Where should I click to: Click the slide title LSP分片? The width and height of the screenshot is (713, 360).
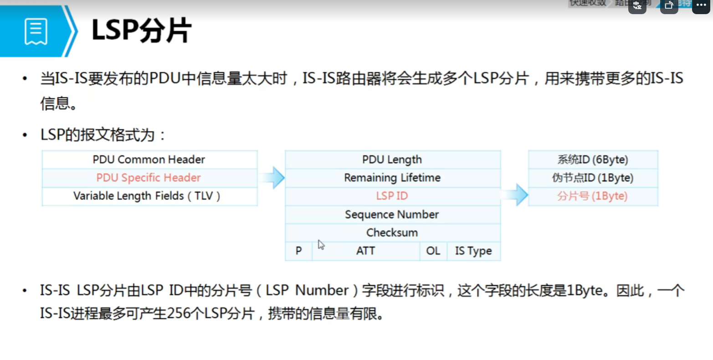[x=142, y=31]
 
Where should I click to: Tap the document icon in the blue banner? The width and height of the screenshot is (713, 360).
[x=36, y=31]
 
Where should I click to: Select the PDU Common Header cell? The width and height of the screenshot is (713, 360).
[x=149, y=159]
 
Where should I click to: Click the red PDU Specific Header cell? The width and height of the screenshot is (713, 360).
[x=149, y=178]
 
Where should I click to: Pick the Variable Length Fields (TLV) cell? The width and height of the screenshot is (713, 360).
[x=147, y=196]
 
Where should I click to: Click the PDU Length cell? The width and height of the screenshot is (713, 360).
[x=392, y=159]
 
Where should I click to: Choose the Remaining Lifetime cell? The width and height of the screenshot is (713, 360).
[x=392, y=178]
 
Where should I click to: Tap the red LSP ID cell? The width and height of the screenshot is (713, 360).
[x=392, y=196]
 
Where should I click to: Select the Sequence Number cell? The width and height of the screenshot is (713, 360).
[x=392, y=214]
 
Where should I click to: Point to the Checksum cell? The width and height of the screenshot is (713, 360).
[x=392, y=232]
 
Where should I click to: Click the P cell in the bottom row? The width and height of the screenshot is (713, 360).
[x=298, y=251]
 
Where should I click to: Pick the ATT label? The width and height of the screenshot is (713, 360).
[x=365, y=251]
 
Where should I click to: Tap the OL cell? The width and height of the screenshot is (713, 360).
[x=433, y=251]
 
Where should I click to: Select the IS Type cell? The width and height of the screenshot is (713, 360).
[x=473, y=251]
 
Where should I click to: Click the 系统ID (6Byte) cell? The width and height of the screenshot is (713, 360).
[x=593, y=159]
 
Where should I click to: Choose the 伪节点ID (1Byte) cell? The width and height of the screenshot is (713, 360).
[x=593, y=178]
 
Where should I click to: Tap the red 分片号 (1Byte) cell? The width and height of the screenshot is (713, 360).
[x=592, y=196]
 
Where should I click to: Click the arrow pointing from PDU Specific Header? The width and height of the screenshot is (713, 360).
[x=273, y=177]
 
